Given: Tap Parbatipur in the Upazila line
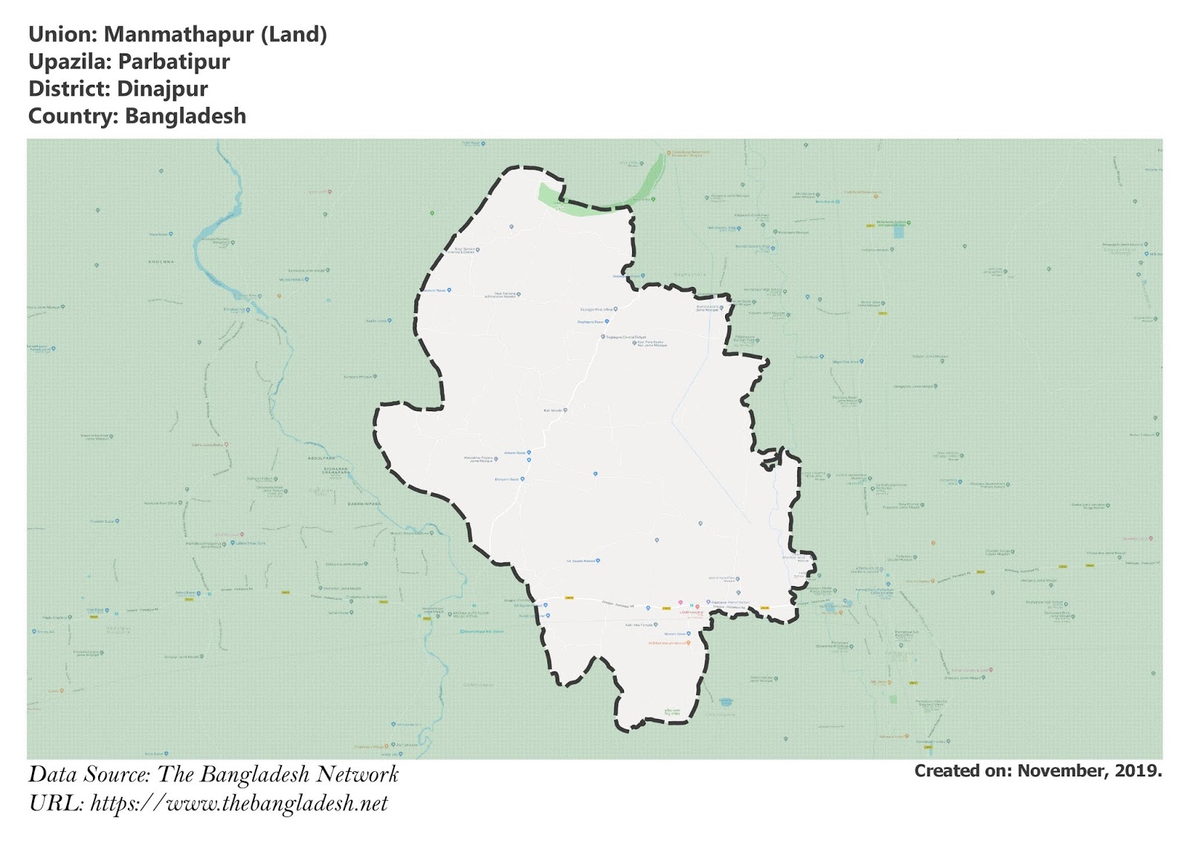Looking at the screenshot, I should pyautogui.click(x=173, y=62).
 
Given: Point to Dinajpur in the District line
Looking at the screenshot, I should pyautogui.click(x=162, y=89).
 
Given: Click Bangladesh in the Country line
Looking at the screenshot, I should pyautogui.click(x=185, y=117).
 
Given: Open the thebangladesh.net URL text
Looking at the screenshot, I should pyautogui.click(x=239, y=804).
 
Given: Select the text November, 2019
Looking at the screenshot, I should pyautogui.click(x=1089, y=771).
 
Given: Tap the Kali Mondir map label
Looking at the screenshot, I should pyautogui.click(x=553, y=410).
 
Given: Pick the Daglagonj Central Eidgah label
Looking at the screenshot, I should pyautogui.click(x=625, y=337).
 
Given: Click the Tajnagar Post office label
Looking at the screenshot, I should pyautogui.click(x=596, y=309).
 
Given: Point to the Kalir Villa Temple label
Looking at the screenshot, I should pyautogui.click(x=638, y=625).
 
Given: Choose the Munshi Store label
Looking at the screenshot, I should pyautogui.click(x=675, y=634).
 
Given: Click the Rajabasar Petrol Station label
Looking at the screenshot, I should pyautogui.click(x=730, y=602).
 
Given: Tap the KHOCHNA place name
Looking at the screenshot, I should pyautogui.click(x=161, y=262).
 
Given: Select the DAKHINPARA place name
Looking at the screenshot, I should pyautogui.click(x=364, y=504).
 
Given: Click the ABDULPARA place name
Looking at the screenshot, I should pyautogui.click(x=322, y=458).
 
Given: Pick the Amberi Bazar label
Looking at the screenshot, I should pyautogui.click(x=515, y=453).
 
